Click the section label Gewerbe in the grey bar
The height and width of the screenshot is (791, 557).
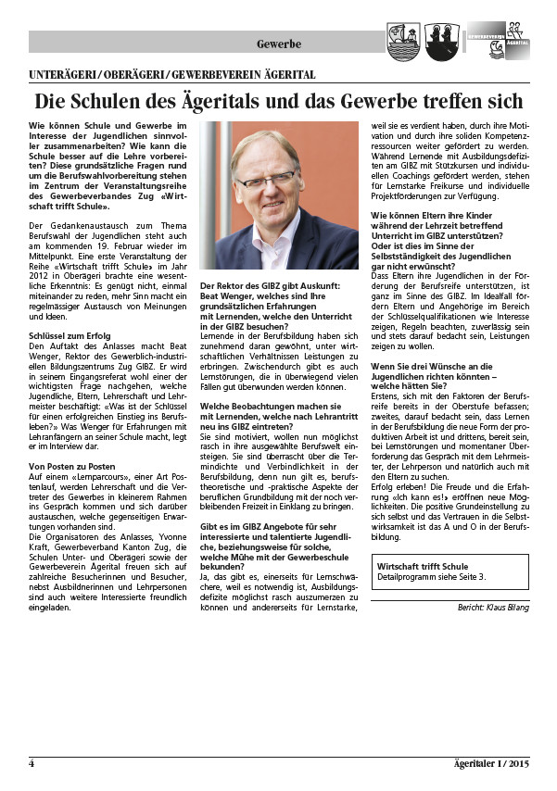pyautogui.click(x=279, y=44)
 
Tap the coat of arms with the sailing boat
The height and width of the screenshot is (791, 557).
pyautogui.click(x=402, y=41)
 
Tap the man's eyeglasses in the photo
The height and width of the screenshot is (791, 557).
pyautogui.click(x=266, y=176)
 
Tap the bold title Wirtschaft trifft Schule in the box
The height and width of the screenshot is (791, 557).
pyautogui.click(x=424, y=566)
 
